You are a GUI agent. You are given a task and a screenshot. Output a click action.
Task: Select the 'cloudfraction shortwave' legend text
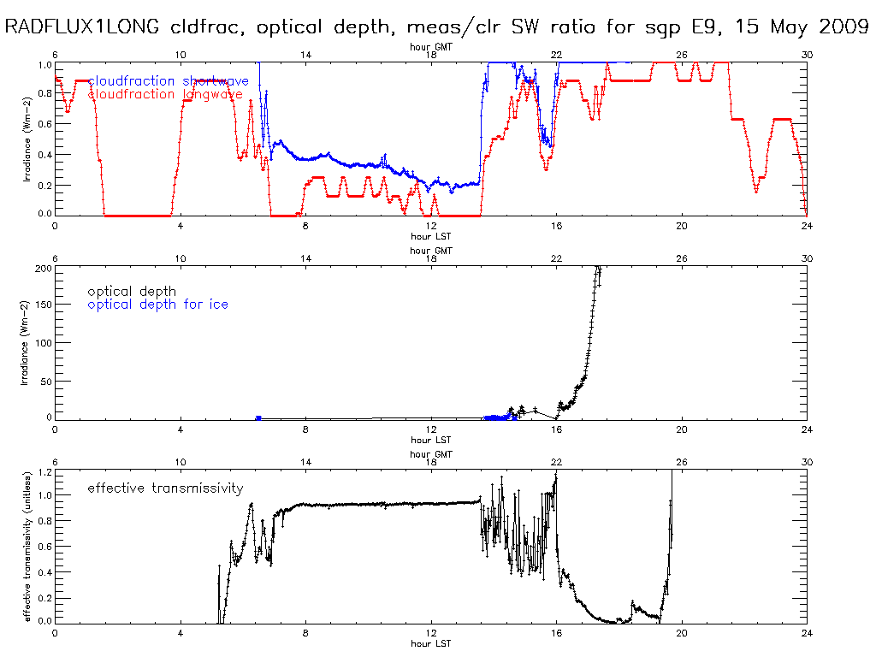169,81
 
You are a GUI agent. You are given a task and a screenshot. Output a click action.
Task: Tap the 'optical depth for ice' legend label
158,305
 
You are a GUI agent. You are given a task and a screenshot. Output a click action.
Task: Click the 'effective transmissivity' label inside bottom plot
165,488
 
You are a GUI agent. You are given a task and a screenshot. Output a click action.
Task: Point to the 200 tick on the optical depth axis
41,269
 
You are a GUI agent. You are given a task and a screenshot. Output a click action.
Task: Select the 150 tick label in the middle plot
41,305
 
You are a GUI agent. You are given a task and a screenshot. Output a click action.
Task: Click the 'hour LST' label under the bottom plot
430,643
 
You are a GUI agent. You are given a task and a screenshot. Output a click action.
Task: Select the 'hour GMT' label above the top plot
430,48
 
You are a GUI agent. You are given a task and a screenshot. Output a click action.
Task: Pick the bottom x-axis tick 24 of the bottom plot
807,633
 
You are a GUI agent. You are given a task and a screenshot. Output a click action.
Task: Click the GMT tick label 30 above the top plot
807,55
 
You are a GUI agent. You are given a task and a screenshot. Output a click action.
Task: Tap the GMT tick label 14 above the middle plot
305,258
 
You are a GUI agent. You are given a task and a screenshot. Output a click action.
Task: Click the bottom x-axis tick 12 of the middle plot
431,429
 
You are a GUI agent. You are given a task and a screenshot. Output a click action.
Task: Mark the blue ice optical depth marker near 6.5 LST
258,417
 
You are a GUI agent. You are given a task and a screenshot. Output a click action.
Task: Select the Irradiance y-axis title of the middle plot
26,342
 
